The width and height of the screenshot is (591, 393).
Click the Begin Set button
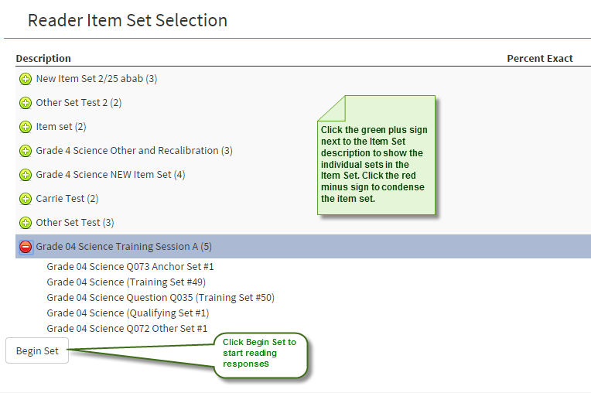click(37, 350)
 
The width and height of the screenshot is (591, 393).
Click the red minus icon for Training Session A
click(26, 247)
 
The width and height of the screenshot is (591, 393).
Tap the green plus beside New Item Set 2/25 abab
click(26, 79)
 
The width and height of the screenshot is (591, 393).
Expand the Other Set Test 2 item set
click(26, 103)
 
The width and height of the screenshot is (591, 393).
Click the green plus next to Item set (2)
click(26, 127)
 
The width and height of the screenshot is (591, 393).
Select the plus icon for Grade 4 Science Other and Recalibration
click(26, 151)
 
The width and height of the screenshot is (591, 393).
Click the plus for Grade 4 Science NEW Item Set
click(26, 175)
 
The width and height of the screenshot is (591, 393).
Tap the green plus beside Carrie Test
click(26, 199)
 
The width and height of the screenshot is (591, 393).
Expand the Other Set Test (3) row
click(26, 223)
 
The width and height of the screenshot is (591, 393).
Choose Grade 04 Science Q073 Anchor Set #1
click(130, 267)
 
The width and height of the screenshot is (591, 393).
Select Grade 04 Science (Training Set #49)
click(126, 282)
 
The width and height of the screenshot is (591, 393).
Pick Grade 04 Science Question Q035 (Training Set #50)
click(160, 298)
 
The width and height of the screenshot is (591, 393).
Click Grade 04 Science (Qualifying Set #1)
click(128, 313)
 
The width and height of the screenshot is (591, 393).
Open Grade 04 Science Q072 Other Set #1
click(127, 329)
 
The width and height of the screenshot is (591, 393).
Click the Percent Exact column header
click(539, 59)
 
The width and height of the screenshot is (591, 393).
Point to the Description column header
click(43, 59)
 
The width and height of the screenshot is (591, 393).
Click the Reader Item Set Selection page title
click(128, 21)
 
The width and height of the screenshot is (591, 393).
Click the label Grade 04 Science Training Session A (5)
click(124, 247)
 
